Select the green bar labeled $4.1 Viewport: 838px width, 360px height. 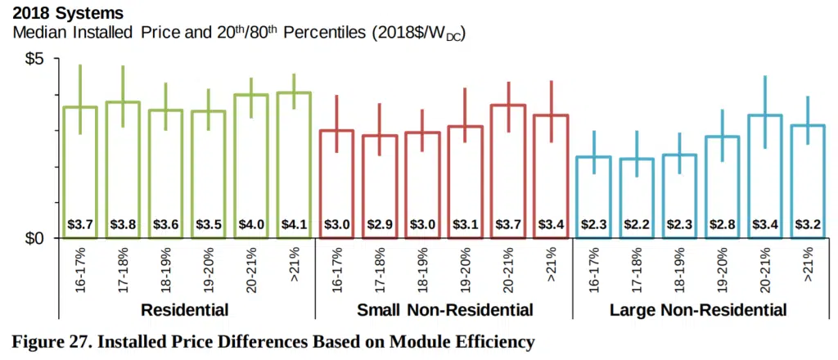295,164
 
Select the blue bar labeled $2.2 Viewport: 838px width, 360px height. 636,197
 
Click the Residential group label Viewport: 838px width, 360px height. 184,310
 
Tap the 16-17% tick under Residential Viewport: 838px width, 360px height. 80,267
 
